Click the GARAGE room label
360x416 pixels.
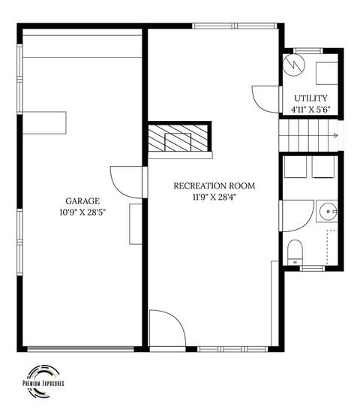tap(82, 201)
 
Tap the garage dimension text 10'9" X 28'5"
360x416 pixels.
tap(82, 212)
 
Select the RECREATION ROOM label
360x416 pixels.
tap(214, 185)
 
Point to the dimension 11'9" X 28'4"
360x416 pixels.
tap(214, 197)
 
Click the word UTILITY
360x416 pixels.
tap(310, 98)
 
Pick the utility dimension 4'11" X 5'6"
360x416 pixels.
tap(310, 110)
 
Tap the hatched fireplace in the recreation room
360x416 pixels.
tap(178, 137)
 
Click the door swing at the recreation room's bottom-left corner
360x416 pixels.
tap(166, 329)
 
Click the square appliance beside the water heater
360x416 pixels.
tap(325, 74)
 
